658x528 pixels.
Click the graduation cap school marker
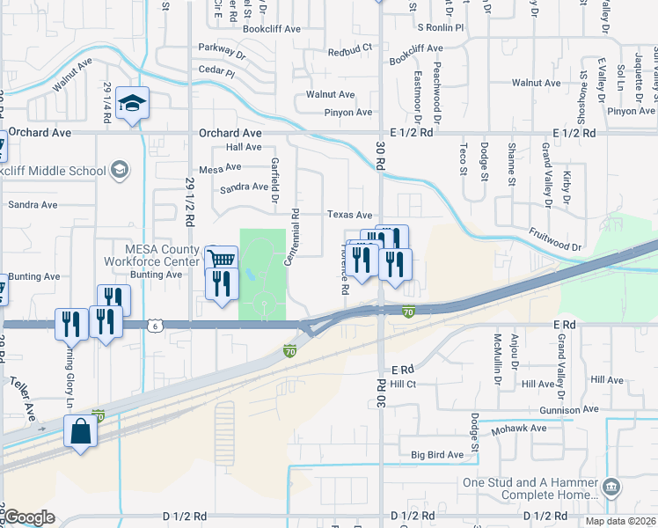(132, 104)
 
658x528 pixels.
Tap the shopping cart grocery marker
(222, 260)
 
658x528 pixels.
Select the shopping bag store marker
(80, 432)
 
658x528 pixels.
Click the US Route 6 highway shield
(155, 325)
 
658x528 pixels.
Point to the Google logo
(28, 517)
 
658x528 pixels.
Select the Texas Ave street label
(349, 215)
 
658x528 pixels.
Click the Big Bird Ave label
(436, 455)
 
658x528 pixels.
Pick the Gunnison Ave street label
(562, 410)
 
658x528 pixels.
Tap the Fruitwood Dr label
(555, 242)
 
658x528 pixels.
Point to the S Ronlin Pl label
(440, 28)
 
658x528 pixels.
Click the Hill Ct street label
(402, 385)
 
